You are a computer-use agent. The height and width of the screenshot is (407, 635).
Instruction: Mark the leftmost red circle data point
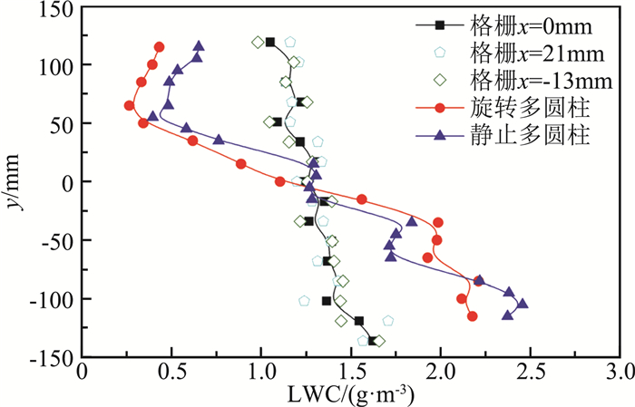pyautogui.click(x=129, y=106)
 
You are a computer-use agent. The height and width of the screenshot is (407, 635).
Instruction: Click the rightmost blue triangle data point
pyautogui.click(x=523, y=305)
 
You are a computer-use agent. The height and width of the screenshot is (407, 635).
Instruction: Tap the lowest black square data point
pyautogui.click(x=372, y=341)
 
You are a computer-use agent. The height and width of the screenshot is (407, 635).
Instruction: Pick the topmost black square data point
pyautogui.click(x=269, y=43)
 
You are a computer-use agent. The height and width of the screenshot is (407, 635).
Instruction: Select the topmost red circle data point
pyautogui.click(x=160, y=47)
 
